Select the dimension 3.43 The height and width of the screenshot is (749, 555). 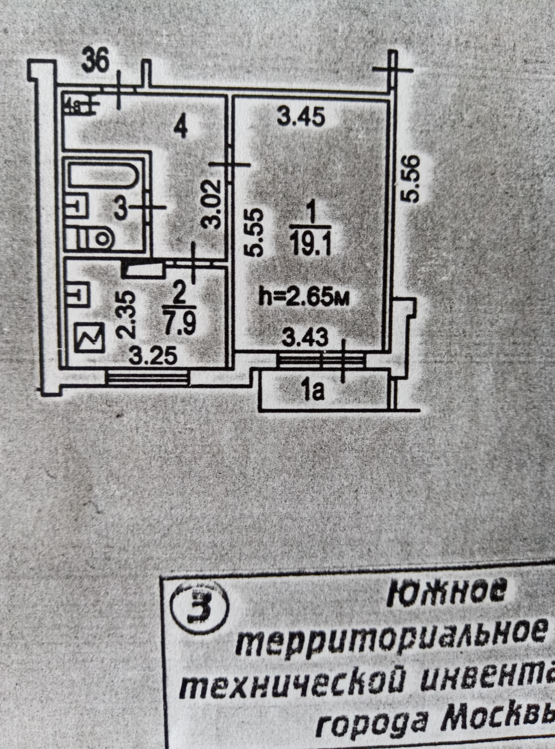click(x=304, y=339)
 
